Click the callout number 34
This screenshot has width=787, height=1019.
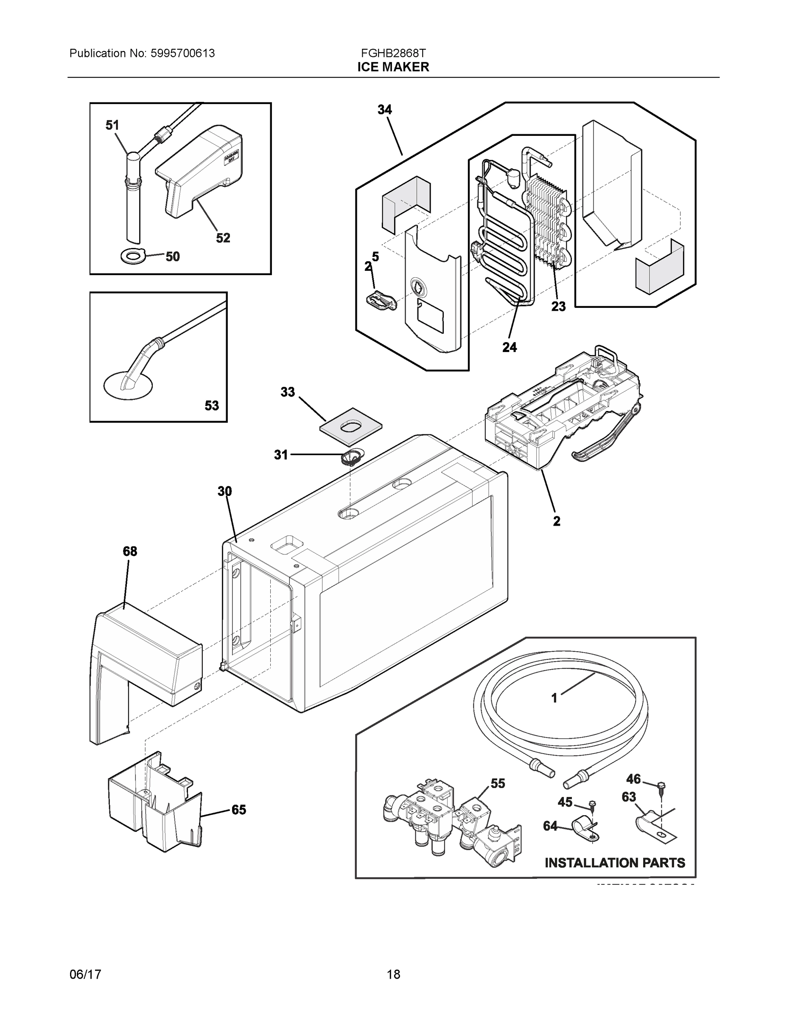pos(385,110)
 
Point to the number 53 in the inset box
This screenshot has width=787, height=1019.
pos(212,405)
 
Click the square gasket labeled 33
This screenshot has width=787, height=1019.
pos(351,425)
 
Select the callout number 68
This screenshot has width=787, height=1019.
pos(130,551)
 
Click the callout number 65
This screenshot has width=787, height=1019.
pos(239,810)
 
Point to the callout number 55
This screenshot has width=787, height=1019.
pos(498,783)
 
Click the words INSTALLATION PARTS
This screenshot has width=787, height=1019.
pos(615,863)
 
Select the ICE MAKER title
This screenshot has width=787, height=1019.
pos(393,67)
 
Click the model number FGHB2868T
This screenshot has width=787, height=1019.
pos(393,53)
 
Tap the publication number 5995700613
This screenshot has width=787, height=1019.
pos(183,53)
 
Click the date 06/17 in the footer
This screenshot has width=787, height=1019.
pos(85,974)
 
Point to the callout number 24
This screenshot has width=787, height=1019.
pos(510,347)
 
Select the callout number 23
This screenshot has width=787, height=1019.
pos(558,307)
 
